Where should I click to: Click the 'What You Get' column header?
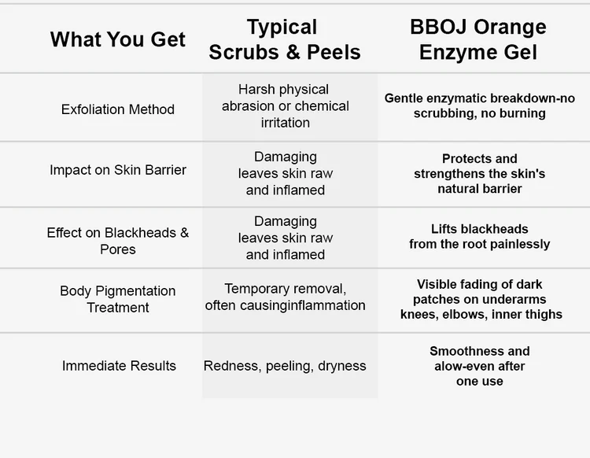tap(118, 39)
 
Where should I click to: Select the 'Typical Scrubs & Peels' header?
tap(285, 39)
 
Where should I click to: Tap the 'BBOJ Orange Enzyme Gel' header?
tap(478, 39)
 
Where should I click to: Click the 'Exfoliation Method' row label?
tap(118, 109)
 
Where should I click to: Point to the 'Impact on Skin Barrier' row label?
tap(118, 170)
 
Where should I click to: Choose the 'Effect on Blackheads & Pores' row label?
tap(118, 241)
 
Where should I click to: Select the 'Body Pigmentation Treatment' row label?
tap(118, 299)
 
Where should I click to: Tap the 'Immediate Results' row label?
tap(119, 366)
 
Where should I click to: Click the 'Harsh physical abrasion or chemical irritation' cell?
tap(286, 106)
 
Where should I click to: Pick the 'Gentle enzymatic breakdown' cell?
tap(479, 105)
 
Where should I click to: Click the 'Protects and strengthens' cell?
tap(479, 173)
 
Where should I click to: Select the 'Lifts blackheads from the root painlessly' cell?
tap(479, 236)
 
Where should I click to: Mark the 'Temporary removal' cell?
tap(286, 297)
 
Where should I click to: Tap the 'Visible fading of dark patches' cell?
tap(481, 299)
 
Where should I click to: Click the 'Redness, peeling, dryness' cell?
tap(285, 366)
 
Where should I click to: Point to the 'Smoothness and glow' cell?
tap(479, 366)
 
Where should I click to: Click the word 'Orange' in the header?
tap(510, 27)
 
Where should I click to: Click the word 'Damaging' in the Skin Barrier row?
tap(286, 157)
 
